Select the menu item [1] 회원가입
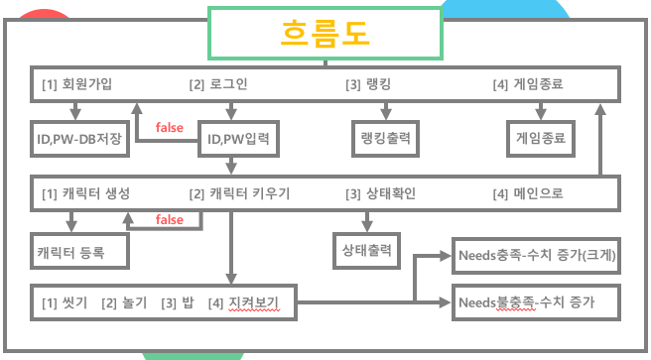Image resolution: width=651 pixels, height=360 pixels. [76, 84]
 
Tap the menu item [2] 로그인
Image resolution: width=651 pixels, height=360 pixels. [217, 84]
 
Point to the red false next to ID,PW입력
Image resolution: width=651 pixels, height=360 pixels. [170, 127]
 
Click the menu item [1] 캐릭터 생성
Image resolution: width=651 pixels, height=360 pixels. [85, 192]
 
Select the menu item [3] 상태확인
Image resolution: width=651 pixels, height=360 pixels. [380, 192]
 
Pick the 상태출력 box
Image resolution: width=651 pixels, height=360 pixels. [363, 248]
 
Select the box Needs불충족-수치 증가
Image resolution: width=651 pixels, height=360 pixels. [536, 299]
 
